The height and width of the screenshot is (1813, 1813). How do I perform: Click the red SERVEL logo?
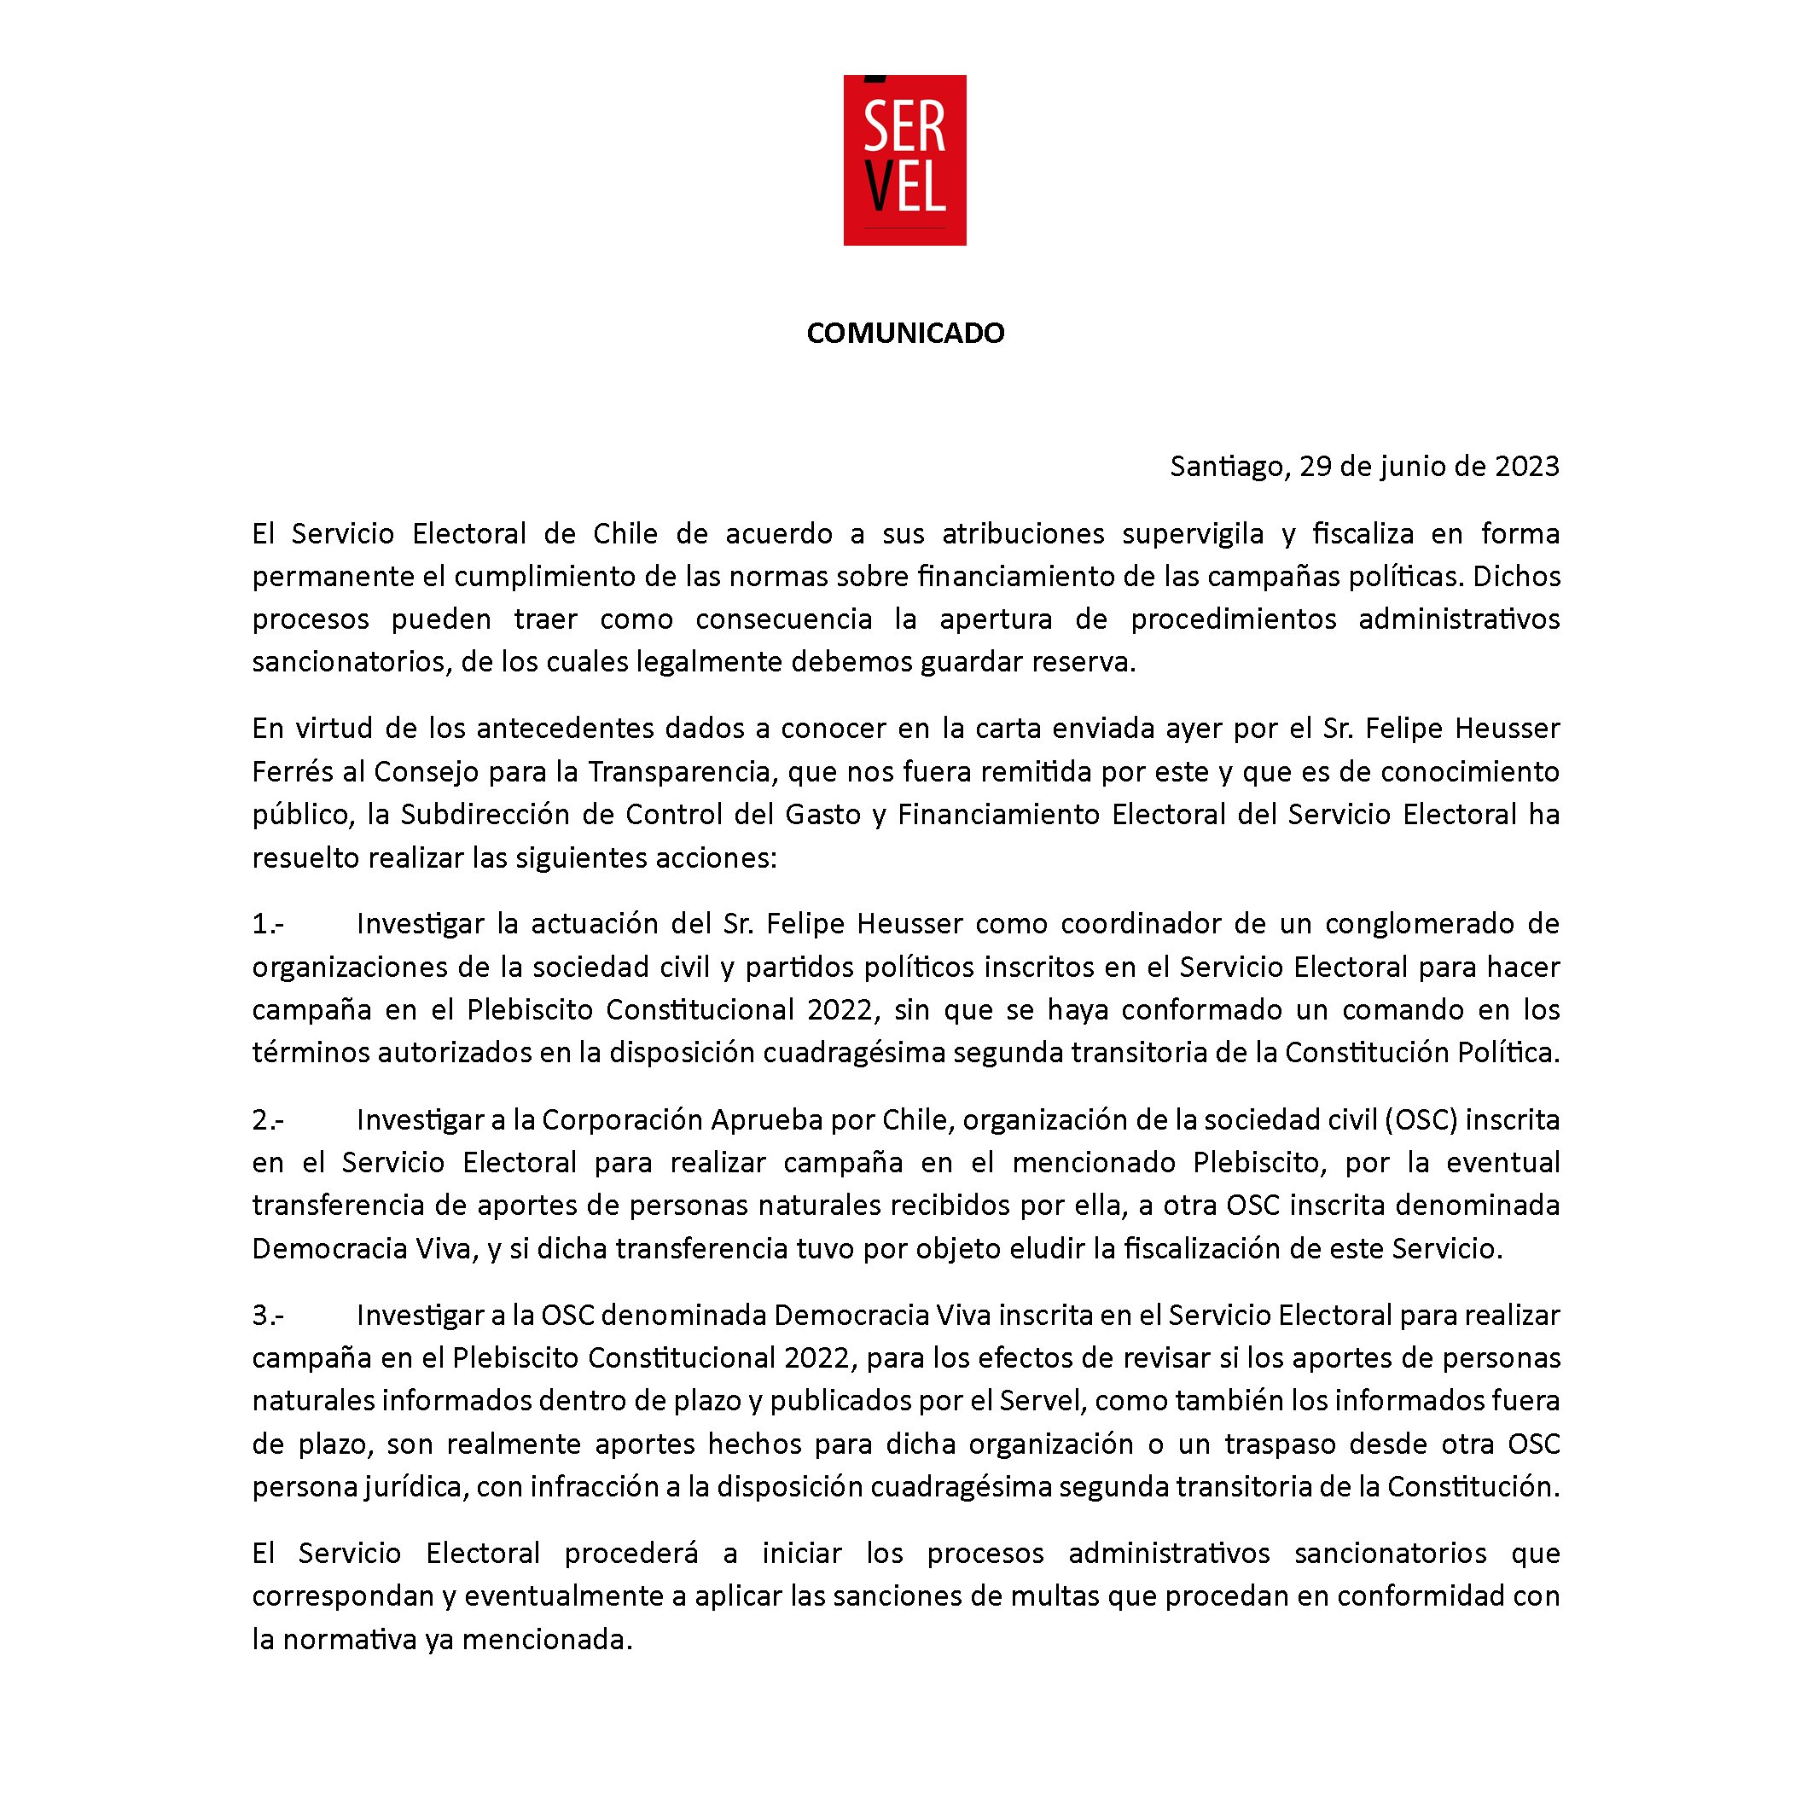(904, 160)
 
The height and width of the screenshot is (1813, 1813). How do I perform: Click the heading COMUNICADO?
(905, 333)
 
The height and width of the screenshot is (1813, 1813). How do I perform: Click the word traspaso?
(1276, 1444)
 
